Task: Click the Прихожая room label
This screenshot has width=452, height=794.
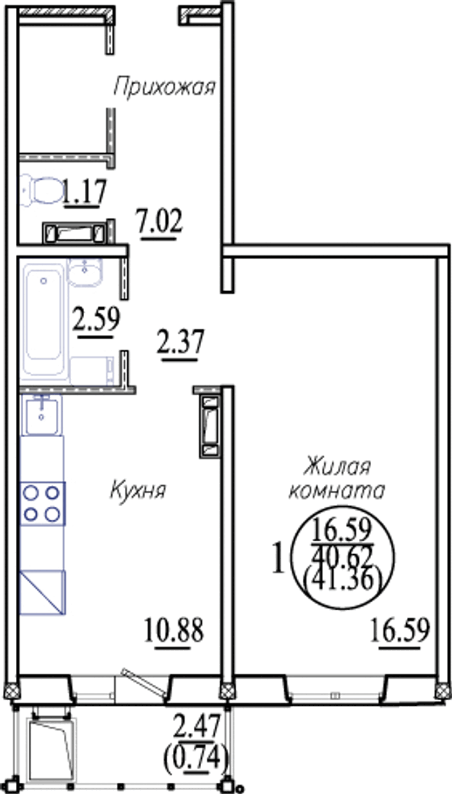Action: click(164, 87)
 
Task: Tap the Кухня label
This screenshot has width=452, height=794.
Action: click(138, 490)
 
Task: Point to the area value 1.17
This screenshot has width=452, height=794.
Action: click(85, 191)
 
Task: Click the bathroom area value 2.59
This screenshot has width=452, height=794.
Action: click(97, 319)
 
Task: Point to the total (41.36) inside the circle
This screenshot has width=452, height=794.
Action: click(342, 580)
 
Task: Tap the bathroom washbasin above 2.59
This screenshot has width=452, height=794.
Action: click(85, 271)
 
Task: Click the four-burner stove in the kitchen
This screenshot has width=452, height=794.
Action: click(42, 503)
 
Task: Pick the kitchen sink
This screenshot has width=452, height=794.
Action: click(41, 415)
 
